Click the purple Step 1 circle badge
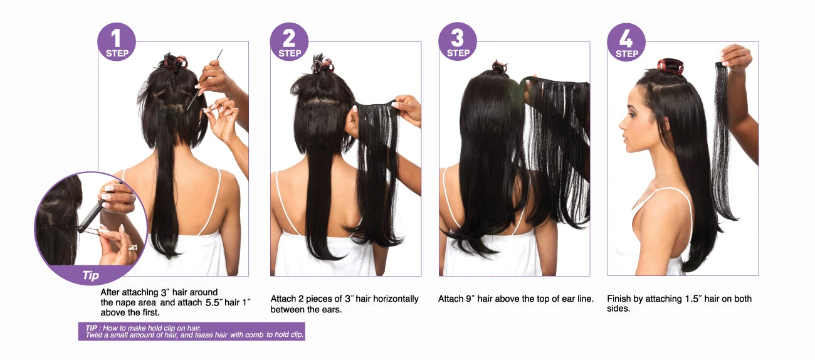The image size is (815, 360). [x=117, y=42]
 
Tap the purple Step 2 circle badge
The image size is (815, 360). [x=289, y=42]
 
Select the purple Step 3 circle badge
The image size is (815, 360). [x=458, y=41]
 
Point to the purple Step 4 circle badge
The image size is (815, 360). [x=626, y=42]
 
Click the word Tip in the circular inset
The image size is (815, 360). [x=91, y=275]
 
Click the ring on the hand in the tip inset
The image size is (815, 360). [x=133, y=248]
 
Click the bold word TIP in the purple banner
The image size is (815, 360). [x=92, y=328]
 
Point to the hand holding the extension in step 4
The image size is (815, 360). [x=735, y=58]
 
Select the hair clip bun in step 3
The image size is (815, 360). [x=500, y=66]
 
